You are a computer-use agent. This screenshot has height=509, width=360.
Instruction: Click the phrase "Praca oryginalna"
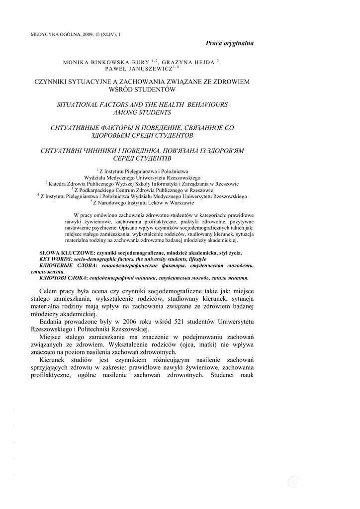pyautogui.click(x=230, y=43)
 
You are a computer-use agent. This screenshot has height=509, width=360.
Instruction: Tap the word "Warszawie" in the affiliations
pyautogui.click(x=183, y=203)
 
